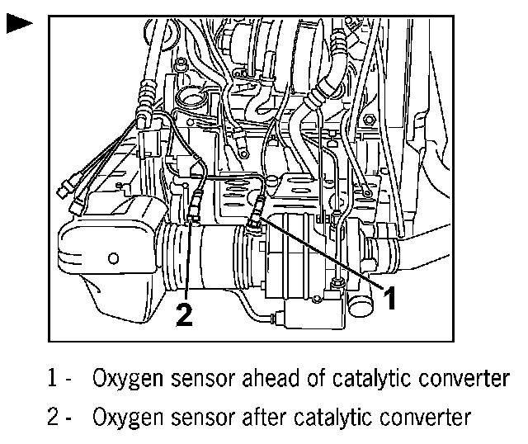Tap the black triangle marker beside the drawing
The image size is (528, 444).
tap(18, 24)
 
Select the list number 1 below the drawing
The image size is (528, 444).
tap(51, 379)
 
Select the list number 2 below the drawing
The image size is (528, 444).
tap(51, 417)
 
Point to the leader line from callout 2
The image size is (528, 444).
tap(190, 264)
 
